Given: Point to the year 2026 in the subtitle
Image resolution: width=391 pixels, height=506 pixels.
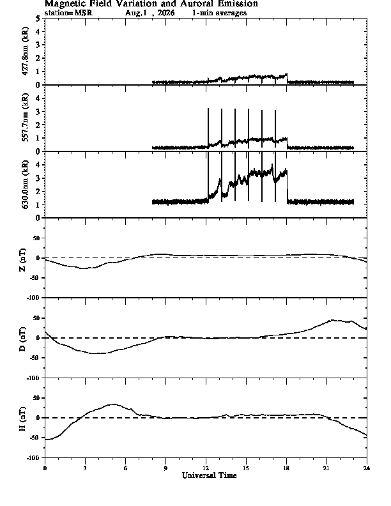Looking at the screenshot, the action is click(166, 13).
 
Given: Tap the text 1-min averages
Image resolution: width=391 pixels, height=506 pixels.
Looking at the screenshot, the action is click(219, 13).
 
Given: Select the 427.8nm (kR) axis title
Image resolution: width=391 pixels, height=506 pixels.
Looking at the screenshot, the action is click(25, 51).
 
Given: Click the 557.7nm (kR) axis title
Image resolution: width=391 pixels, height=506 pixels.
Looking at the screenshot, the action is click(25, 118).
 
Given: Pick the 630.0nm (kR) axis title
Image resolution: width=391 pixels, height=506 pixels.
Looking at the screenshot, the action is click(25, 184).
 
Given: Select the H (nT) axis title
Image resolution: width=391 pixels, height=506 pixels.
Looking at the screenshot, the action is click(22, 419).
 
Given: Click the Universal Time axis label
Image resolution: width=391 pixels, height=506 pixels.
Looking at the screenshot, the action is click(210, 475).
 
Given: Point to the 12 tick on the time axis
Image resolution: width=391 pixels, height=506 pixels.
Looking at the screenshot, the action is click(206, 468).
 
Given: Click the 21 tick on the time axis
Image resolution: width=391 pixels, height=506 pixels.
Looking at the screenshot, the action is click(326, 468).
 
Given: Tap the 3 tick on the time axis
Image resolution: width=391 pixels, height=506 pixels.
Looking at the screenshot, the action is click(85, 468).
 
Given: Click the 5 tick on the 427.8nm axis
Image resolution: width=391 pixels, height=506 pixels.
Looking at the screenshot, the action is click(38, 19).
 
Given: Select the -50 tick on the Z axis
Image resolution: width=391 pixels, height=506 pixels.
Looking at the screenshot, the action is click(35, 278).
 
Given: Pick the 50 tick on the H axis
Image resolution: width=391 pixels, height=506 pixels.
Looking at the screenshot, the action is click(37, 398).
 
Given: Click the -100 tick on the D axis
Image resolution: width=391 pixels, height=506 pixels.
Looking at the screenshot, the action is click(34, 378).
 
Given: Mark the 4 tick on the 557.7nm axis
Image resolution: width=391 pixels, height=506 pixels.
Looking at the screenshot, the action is click(38, 98).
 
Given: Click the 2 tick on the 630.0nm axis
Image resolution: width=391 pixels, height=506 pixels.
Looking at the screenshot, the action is click(38, 192).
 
